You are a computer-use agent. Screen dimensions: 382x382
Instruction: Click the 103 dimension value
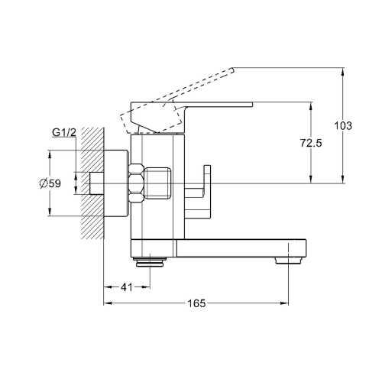343,126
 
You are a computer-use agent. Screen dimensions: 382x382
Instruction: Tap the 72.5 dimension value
311,143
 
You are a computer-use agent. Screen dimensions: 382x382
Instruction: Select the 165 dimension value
196,303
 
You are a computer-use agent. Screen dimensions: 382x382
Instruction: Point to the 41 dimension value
127,287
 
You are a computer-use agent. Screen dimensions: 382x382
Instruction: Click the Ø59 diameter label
50,183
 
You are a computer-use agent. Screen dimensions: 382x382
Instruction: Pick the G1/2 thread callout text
64,132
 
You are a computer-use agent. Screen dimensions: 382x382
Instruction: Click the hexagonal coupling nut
137,183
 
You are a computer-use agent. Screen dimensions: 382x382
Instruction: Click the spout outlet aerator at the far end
289,261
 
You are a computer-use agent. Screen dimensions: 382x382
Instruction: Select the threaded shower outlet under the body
150,262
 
